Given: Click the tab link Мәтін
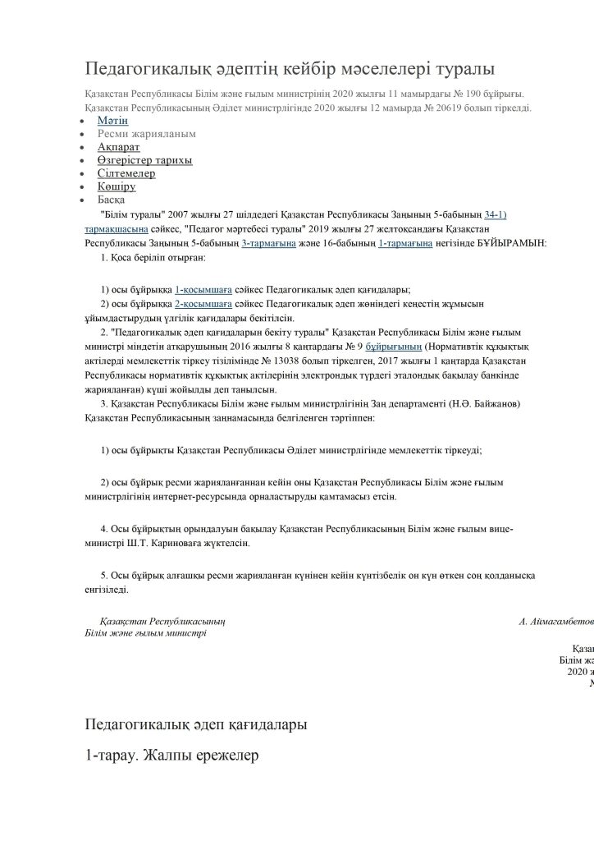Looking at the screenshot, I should [x=112, y=121].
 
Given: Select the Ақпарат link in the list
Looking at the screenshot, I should [x=118, y=147].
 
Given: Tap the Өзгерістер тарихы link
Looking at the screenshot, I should [x=144, y=160].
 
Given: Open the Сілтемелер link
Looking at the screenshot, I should [x=126, y=173].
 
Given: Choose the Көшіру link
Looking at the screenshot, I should [x=116, y=186].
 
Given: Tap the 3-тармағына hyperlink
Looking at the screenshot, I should [x=267, y=244].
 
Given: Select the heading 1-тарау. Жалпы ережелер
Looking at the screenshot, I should [x=171, y=754].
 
